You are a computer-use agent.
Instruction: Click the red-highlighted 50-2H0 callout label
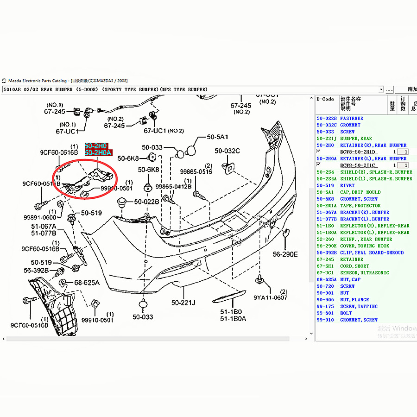pos(95,145)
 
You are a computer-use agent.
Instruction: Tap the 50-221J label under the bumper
pos(183,303)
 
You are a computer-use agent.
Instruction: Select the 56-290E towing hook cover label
pos(285,254)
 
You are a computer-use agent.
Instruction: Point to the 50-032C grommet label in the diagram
pos(227,151)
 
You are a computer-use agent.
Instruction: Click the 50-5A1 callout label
pos(217,137)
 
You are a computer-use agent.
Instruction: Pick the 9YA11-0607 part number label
pos(270,298)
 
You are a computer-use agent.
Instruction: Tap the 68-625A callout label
pos(87,282)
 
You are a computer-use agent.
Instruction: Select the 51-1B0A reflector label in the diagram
pos(233,319)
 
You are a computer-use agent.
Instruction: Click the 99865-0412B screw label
pos(173,186)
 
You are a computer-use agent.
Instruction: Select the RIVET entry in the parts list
pos(347,185)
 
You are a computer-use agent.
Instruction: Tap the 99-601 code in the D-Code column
pos(325,313)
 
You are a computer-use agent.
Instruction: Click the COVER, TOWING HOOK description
pos(365,246)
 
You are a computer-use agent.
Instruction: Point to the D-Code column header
pos(325,99)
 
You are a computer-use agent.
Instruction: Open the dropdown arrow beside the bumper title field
pos(381,89)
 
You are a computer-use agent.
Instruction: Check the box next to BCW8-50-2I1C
pos(318,164)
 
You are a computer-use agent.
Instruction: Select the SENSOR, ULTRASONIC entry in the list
pos(365,273)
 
